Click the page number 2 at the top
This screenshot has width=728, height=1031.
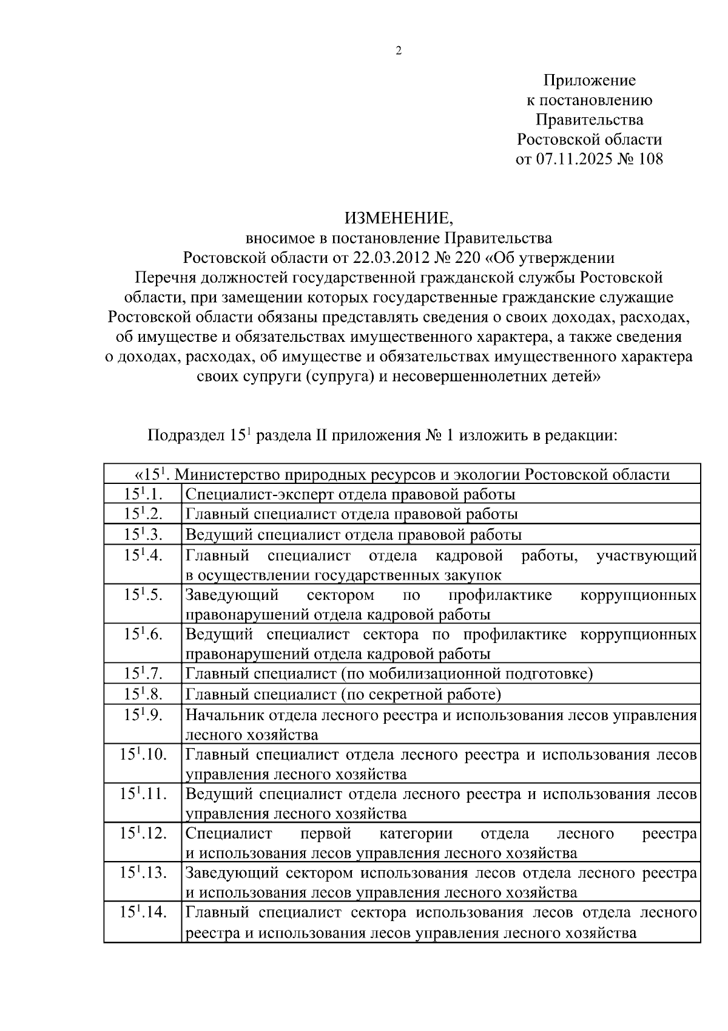pos(399,51)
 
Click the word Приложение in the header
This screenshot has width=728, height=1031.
pos(589,80)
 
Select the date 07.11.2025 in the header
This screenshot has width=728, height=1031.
pos(579,159)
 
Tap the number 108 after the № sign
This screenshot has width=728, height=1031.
pos(650,159)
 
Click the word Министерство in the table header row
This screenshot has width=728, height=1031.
pos(226,474)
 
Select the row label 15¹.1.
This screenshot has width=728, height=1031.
pos(143,494)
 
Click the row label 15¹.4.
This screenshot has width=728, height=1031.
pos(143,555)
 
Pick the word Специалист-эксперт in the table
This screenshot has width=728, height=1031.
pos(259,494)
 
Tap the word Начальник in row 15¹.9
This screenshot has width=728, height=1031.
pos(221,715)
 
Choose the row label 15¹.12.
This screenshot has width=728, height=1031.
pos(143,833)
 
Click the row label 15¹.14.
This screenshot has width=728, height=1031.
pos(143,912)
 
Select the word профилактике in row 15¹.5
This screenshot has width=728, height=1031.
pos(500,594)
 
